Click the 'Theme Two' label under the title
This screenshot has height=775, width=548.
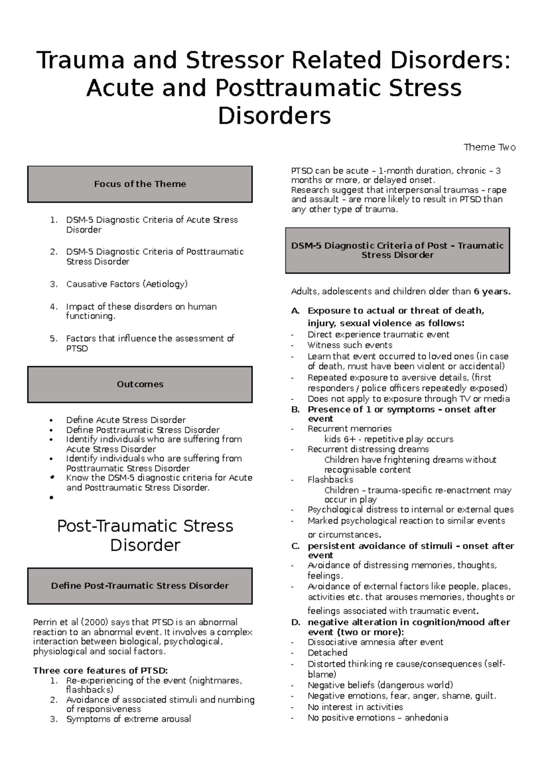(489, 147)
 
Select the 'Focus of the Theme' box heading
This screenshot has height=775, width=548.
(140, 184)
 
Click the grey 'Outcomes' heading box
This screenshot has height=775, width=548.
(140, 384)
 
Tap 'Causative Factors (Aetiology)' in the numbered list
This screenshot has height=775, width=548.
(127, 284)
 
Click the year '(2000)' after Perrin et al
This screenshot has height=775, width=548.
(95, 622)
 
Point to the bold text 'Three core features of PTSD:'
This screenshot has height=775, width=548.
(100, 670)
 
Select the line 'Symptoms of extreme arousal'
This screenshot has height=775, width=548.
(128, 719)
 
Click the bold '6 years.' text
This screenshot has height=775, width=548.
(492, 291)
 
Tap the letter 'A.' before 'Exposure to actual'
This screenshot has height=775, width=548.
(295, 311)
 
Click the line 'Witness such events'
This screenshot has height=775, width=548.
(350, 345)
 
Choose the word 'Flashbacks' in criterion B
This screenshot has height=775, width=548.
(330, 480)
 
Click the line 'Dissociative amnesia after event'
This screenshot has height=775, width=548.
(375, 642)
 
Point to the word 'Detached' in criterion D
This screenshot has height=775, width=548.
(327, 653)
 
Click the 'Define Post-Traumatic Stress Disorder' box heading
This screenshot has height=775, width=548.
(140, 586)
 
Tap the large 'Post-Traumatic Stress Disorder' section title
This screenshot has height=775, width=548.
(145, 535)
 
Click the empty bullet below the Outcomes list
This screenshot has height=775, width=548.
(53, 497)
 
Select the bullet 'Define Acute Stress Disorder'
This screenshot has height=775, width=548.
(126, 419)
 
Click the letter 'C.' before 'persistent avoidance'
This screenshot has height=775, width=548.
(295, 546)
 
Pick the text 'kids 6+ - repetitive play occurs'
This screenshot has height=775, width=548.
(389, 439)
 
